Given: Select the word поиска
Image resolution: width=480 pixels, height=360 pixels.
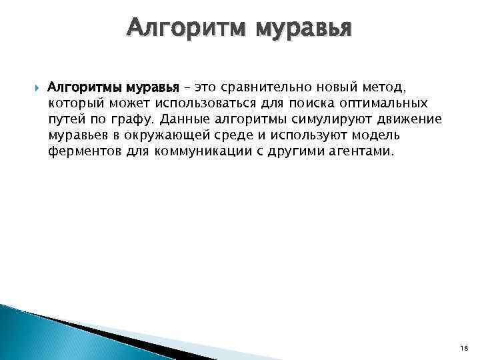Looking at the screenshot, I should pyautogui.click(x=298, y=103).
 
